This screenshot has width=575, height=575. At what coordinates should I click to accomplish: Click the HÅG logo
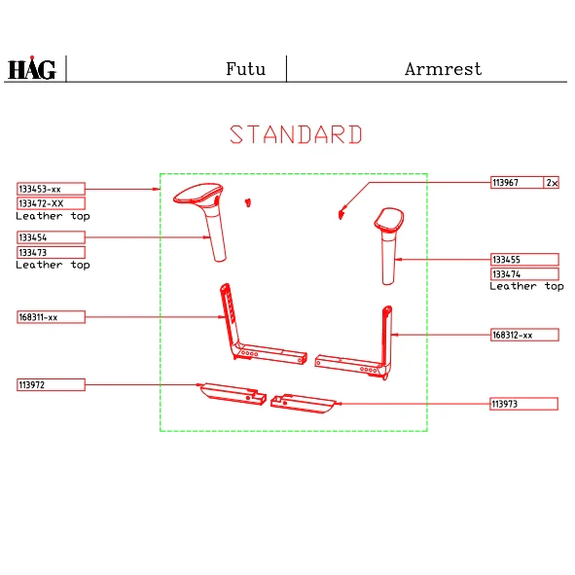(32, 68)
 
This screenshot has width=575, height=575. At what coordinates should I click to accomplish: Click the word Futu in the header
(245, 69)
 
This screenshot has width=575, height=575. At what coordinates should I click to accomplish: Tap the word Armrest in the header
(443, 69)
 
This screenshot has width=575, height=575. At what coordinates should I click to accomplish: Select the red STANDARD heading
(296, 134)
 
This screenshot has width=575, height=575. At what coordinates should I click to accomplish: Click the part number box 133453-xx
(51, 189)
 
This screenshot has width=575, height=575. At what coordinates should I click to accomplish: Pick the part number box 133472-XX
(51, 203)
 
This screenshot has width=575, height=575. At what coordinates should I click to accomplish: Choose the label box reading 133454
(51, 237)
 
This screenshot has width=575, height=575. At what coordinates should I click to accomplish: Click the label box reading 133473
(51, 252)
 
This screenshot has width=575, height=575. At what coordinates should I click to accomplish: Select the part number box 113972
(51, 384)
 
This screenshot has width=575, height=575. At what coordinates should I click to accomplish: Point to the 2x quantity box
(552, 183)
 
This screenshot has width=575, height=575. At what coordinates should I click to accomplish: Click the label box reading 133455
(524, 260)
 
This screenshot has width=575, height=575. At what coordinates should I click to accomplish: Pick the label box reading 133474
(524, 274)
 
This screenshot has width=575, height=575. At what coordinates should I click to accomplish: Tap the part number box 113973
(524, 404)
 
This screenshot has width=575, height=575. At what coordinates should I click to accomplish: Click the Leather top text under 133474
(526, 286)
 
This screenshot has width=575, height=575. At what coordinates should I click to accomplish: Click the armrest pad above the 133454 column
(198, 193)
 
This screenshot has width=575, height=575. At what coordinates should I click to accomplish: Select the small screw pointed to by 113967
(341, 214)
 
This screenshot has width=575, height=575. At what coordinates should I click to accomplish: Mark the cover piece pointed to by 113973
(303, 404)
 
